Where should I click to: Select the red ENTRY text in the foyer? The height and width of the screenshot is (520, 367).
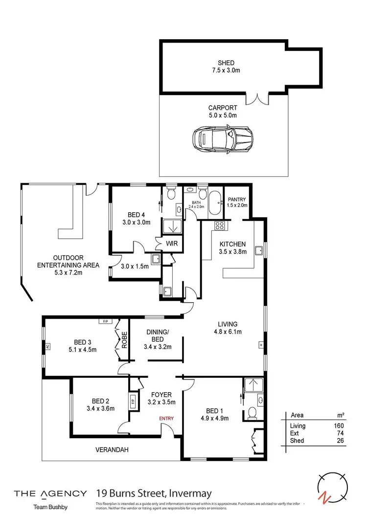[x=166, y=418]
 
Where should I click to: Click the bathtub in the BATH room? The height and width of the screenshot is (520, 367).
[x=216, y=205]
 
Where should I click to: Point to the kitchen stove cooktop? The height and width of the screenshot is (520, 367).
[x=220, y=226]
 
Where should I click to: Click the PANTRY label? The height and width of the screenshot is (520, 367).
[x=237, y=199]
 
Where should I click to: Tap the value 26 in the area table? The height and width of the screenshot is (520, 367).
[x=340, y=441]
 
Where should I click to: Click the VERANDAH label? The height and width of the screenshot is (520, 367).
[x=112, y=449]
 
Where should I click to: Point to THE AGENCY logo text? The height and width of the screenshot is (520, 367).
[x=50, y=493]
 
